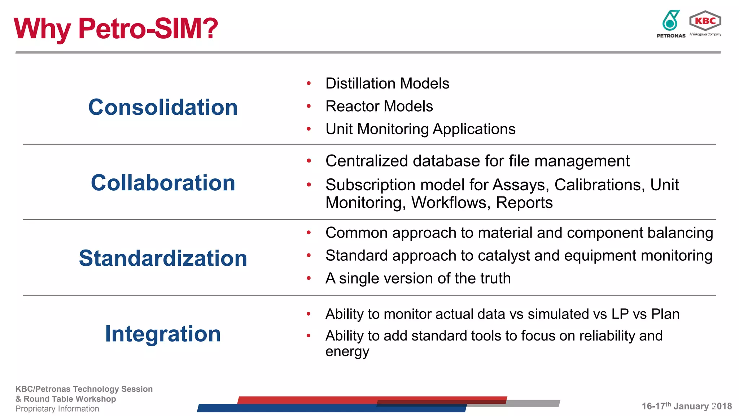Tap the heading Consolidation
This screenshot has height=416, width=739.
pyautogui.click(x=163, y=107)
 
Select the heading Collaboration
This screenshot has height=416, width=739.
pyautogui.click(x=163, y=183)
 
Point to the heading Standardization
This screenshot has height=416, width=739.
pyautogui.click(x=163, y=258)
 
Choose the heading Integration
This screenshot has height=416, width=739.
pyautogui.click(x=163, y=334)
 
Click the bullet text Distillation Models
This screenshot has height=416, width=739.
pyautogui.click(x=387, y=83)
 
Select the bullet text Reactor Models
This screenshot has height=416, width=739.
pyautogui.click(x=379, y=106)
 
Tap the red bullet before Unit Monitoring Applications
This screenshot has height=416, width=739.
pyautogui.click(x=309, y=129)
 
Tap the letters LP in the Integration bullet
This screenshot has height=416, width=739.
pyautogui.click(x=620, y=314)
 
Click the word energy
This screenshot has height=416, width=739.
pyautogui.click(x=347, y=352)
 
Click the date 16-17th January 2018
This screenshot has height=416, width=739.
pyautogui.click(x=686, y=406)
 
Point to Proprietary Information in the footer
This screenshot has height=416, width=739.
pyautogui.click(x=57, y=409)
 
